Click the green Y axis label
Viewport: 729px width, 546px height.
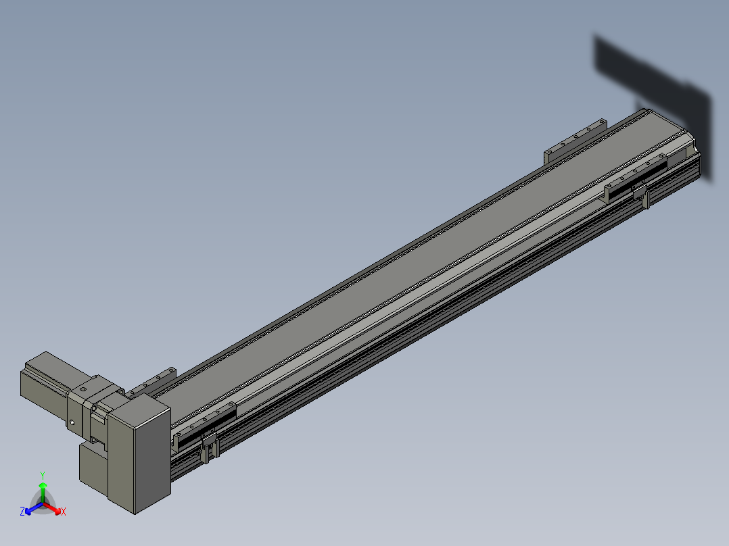[43, 476]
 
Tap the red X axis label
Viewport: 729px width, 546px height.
[64, 512]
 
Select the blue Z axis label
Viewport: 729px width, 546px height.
[22, 512]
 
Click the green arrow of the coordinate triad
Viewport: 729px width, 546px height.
[43, 492]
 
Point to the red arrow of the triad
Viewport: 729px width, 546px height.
[52, 508]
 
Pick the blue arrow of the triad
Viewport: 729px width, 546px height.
[34, 508]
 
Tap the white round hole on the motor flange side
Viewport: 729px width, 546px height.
[72, 422]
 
